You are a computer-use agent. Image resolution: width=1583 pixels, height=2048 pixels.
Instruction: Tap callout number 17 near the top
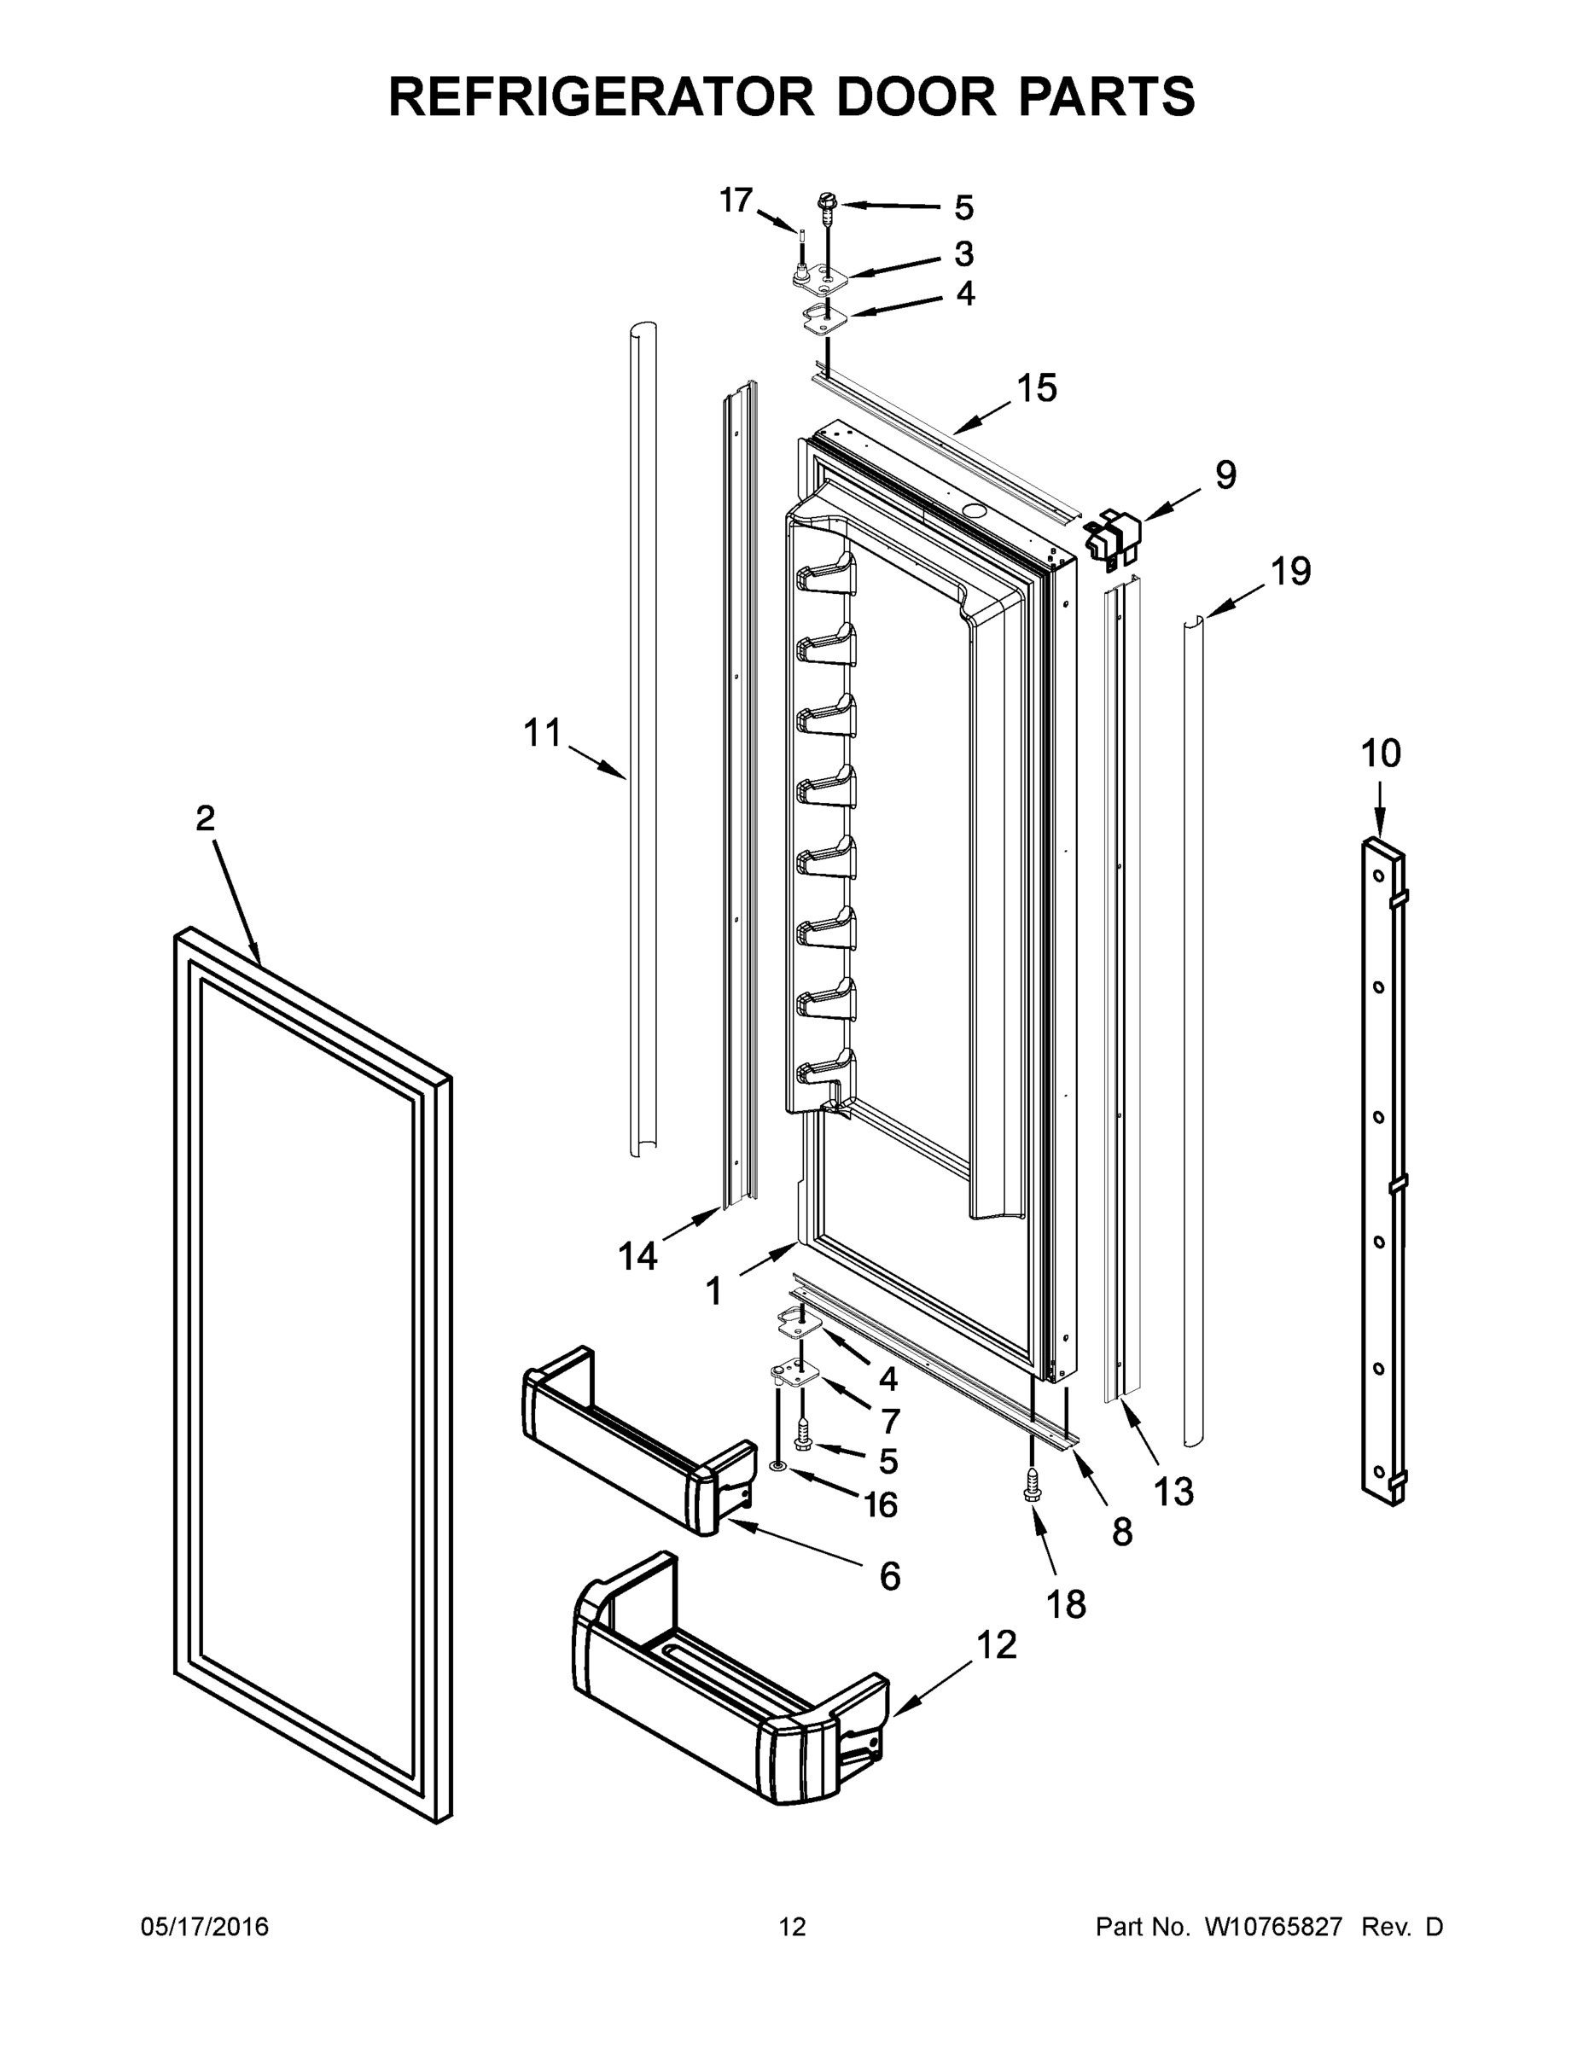pos(736,200)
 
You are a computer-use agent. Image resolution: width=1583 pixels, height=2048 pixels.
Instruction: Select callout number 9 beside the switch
pos(1225,474)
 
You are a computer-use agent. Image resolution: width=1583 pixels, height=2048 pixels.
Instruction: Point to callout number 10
pos(1381,753)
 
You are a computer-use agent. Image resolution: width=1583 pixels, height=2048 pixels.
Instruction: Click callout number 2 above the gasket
pos(206,818)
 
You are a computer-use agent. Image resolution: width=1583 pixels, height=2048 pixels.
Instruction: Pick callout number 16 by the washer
pos(881,1505)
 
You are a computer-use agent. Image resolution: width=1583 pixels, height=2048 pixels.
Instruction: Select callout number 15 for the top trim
pos(1037,387)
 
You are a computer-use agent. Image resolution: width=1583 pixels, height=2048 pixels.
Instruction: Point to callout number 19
pos(1290,570)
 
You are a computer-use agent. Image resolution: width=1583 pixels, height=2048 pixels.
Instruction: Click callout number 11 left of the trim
pos(541,732)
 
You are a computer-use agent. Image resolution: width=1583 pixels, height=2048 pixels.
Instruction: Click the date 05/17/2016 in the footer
pos(205,1927)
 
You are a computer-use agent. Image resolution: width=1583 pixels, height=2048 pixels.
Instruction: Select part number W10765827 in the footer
pos(1272,1927)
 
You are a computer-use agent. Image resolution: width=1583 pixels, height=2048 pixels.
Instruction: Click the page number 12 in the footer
pos(793,1927)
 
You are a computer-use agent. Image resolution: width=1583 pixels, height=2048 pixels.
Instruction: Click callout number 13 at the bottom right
pos(1173,1490)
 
